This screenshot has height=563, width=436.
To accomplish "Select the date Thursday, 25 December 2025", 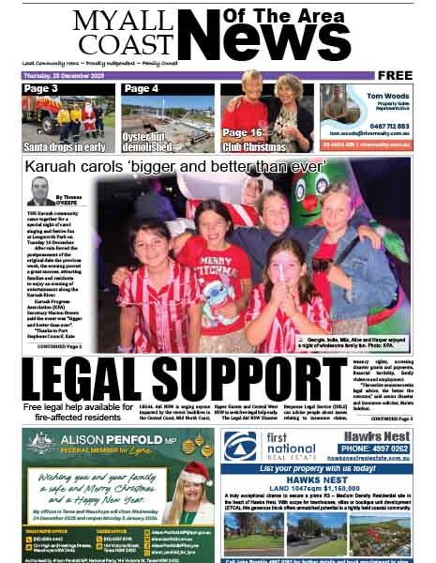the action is coord(58,75).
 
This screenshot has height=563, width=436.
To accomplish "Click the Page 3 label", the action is coord(41,88).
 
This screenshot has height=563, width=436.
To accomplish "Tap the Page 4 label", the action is coord(142,88).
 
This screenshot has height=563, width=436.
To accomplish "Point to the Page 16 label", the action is coord(242,132).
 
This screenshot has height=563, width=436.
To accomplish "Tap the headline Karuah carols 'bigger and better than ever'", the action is coord(175,167).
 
